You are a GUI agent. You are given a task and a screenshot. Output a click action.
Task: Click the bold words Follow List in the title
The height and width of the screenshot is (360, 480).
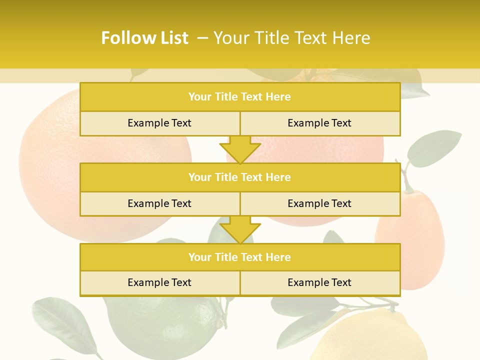[144, 38]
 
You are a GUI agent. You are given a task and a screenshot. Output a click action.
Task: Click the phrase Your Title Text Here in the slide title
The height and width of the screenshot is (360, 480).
[292, 38]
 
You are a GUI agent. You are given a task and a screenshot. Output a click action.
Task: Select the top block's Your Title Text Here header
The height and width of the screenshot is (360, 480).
[239, 97]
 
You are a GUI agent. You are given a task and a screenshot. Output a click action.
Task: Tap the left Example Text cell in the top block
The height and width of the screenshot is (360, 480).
[159, 123]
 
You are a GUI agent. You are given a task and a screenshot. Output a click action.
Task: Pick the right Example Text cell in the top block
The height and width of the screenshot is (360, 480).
[319, 123]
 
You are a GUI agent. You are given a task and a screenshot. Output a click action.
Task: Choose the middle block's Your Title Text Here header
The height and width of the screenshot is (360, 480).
[239, 177]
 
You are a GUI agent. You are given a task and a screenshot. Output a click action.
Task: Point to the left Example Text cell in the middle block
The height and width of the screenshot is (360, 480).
[159, 203]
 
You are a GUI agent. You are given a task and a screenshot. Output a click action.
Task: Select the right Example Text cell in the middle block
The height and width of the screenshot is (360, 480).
[319, 203]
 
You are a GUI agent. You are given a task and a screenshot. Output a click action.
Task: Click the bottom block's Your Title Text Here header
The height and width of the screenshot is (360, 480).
[239, 257]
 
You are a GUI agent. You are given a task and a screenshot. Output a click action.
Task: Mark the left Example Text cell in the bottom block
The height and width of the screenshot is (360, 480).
[159, 282]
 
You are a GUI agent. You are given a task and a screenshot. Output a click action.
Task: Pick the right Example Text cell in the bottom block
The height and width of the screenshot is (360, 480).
[319, 282]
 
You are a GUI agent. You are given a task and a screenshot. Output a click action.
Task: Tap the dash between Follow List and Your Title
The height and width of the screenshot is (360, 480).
[202, 38]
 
